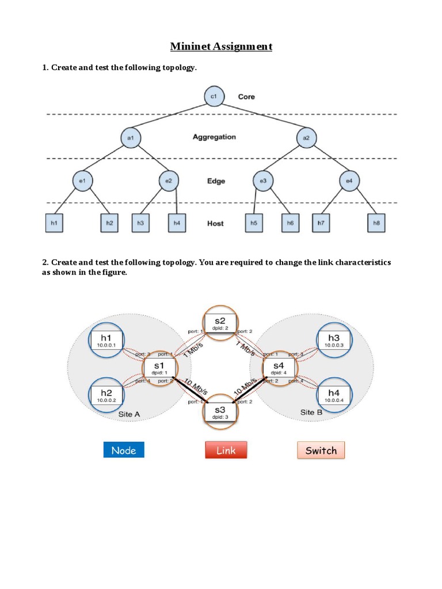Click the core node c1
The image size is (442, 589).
click(214, 97)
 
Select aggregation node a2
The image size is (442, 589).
click(306, 137)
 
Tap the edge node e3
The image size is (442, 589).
click(262, 181)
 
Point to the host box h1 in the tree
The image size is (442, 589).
click(54, 223)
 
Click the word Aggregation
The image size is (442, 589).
click(214, 137)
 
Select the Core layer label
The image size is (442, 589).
click(246, 97)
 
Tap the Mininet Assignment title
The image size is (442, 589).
click(221, 46)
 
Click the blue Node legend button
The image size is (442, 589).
click(124, 450)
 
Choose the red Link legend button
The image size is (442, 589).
click(226, 450)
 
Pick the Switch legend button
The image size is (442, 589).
click(321, 450)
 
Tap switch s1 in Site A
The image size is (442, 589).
click(159, 368)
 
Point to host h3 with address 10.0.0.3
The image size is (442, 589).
click(334, 341)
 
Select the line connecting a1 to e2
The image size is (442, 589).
click(151, 159)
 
